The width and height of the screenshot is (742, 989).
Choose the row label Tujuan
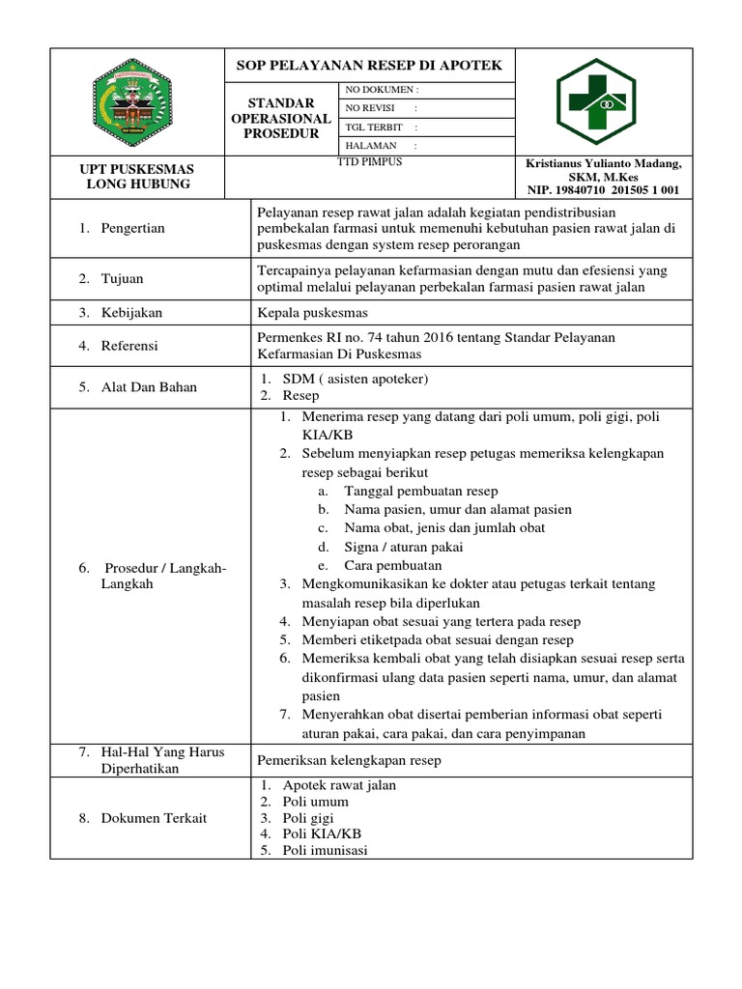tap(123, 278)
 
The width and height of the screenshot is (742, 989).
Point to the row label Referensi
tap(129, 345)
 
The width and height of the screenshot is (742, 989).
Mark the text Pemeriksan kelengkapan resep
tap(348, 760)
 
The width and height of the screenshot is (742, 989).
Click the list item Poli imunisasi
tap(325, 850)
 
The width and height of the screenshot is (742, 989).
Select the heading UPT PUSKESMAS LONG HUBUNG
tap(135, 176)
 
